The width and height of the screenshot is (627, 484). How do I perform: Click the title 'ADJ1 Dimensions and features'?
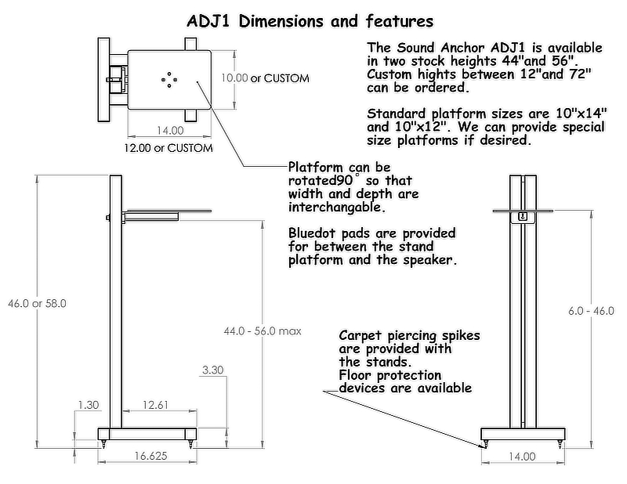pos(310,20)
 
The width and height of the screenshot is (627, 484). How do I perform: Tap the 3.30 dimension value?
pos(212,370)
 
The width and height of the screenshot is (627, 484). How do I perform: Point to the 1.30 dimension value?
pos(89,405)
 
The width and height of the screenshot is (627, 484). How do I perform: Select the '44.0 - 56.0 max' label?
pos(263,331)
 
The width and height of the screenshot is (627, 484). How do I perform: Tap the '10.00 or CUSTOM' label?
pos(264,78)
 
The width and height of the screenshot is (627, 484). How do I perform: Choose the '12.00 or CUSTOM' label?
pos(169,147)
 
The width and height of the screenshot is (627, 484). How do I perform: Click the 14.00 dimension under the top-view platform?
pos(169,131)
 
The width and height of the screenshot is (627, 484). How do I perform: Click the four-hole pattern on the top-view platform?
pos(169,78)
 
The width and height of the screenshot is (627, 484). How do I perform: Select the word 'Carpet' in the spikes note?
pos(363,335)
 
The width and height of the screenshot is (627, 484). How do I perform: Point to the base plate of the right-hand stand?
pos(523,433)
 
